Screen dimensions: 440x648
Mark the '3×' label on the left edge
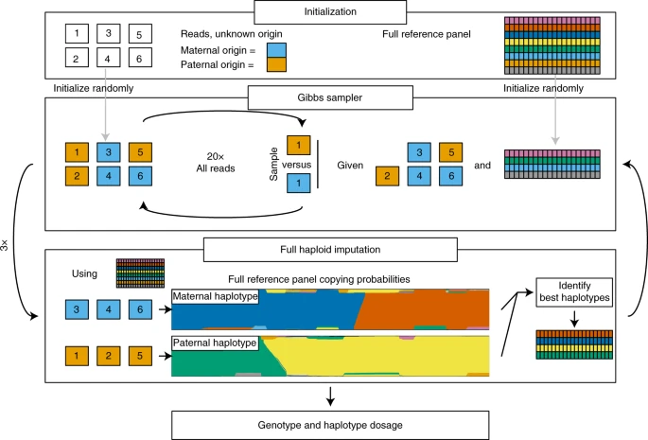tap(8, 243)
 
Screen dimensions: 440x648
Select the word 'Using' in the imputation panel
tap(85, 274)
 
